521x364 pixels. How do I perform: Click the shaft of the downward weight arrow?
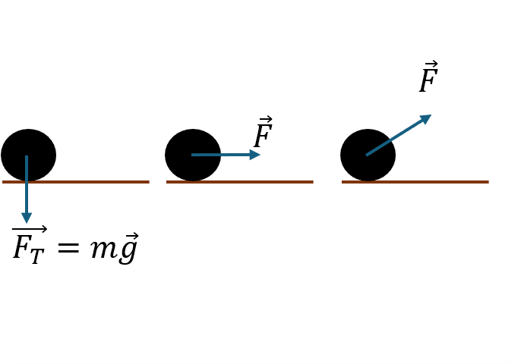[27, 190]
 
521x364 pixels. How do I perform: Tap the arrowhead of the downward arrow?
[27, 218]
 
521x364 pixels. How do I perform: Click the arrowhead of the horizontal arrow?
[255, 155]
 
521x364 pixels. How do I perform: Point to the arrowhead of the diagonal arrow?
[426, 118]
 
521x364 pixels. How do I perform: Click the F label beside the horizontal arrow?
[262, 136]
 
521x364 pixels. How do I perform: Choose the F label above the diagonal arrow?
[428, 80]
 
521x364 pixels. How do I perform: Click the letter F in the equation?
[21, 247]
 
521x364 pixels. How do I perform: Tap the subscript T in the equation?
[37, 256]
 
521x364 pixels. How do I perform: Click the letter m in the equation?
[102, 249]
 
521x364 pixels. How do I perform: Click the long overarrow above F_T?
[30, 229]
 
